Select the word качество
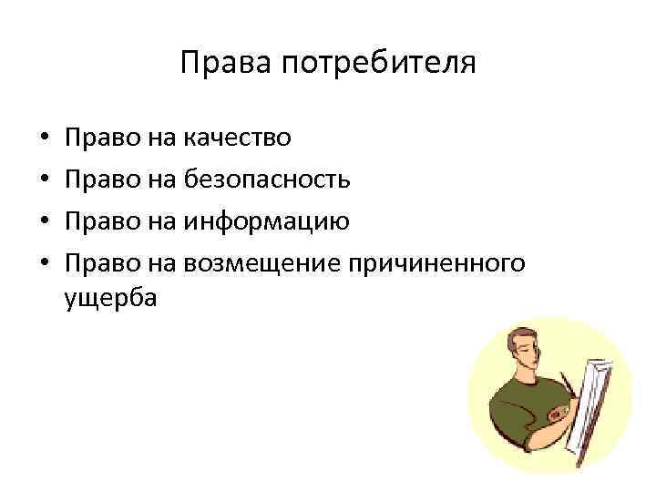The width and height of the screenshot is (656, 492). pos(237,138)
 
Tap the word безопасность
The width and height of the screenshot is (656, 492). pos(266,179)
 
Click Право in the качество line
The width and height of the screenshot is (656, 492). pos(101,138)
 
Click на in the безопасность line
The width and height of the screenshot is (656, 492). pos(160,179)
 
